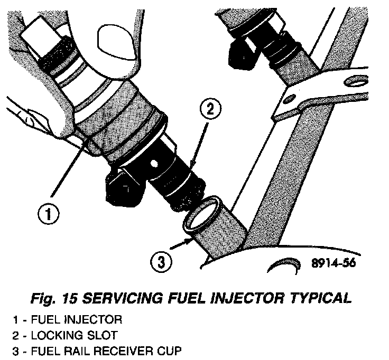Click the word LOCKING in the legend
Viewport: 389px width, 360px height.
point(67,336)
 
